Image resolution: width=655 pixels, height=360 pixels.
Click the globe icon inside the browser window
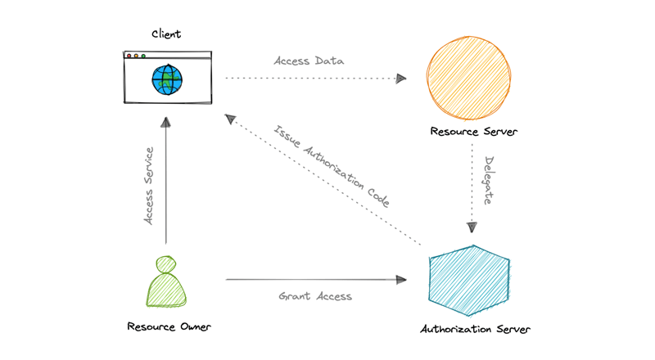tap(167, 79)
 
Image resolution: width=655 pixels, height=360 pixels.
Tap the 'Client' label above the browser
tap(166, 34)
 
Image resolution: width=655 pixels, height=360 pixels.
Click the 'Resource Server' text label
tap(473, 132)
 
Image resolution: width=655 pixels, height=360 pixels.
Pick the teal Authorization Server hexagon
tap(469, 280)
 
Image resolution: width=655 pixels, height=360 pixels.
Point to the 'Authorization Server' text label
tap(475, 330)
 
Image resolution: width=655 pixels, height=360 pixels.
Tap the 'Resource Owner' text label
tap(169, 326)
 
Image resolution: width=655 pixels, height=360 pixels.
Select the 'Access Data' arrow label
tap(309, 61)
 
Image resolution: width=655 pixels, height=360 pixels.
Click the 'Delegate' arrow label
tap(488, 180)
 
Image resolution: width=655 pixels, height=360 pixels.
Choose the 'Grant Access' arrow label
tap(315, 295)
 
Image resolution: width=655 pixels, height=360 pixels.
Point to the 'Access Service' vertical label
tap(149, 186)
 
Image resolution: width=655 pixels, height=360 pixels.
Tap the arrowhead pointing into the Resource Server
tap(401, 79)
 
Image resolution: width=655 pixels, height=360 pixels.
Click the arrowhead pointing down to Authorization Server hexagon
tap(471, 227)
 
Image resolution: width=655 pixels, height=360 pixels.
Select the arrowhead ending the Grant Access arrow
tap(401, 280)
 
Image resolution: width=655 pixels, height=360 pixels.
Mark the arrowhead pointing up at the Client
tap(166, 123)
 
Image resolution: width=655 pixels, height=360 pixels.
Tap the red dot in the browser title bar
tap(129, 56)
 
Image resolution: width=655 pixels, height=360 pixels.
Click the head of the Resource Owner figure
tap(166, 264)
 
